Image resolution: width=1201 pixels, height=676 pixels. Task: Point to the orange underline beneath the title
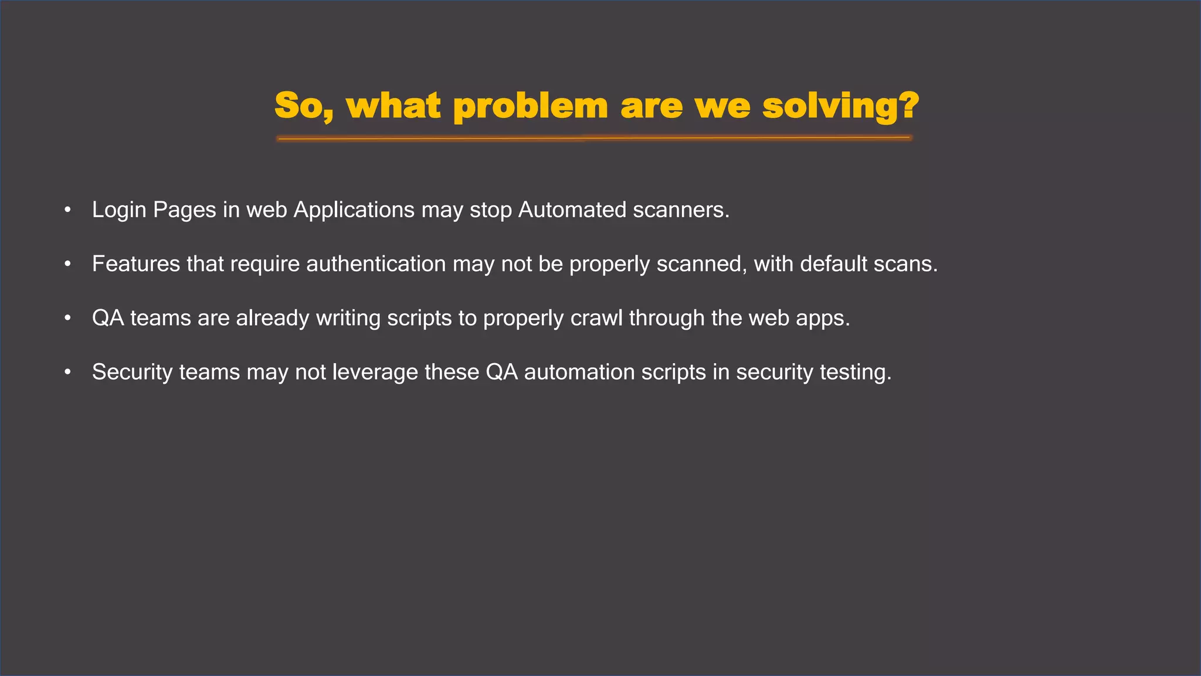pos(593,138)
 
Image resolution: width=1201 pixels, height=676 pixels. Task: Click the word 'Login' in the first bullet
pos(119,210)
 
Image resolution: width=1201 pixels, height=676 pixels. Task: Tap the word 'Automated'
pos(572,210)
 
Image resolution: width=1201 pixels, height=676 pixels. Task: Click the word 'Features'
pos(136,264)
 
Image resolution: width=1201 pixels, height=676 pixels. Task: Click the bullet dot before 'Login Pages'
pos(68,210)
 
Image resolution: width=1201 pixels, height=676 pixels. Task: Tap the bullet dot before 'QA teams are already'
pos(68,318)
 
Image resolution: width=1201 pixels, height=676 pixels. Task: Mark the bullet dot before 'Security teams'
pos(68,372)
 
